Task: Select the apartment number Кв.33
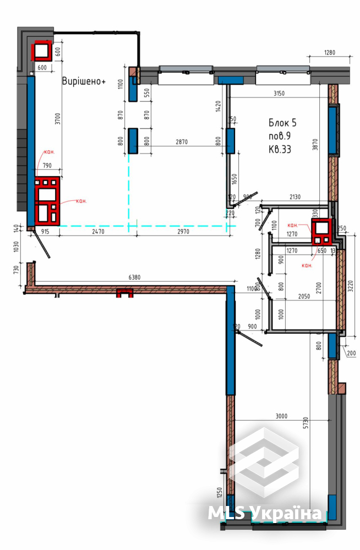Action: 280,148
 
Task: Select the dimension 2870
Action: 182,141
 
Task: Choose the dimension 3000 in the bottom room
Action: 281,416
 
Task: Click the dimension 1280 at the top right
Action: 329,53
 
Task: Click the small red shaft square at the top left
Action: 41,51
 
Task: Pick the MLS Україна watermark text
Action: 264,513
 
